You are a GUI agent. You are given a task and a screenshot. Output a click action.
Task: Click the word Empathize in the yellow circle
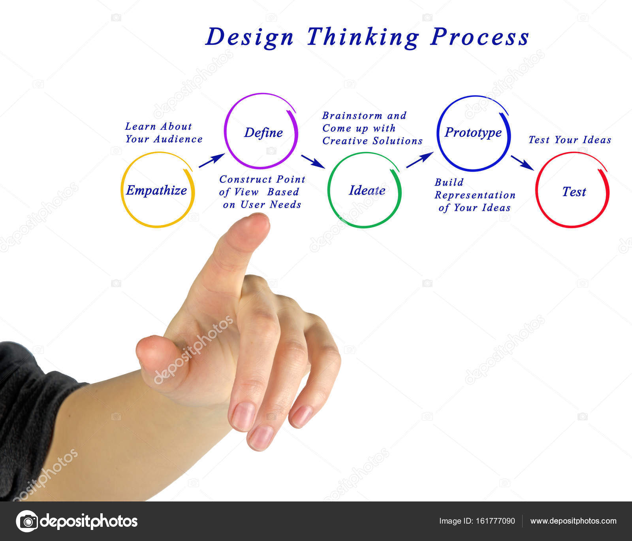point(156,191)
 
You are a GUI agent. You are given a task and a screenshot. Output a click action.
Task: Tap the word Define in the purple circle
point(263,133)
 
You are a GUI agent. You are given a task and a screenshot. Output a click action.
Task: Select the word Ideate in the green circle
point(367,191)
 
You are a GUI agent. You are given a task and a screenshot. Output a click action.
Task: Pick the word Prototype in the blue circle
point(473,132)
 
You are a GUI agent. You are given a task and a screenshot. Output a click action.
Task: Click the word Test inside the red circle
point(574,192)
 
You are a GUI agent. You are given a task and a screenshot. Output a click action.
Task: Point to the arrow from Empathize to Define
point(211,161)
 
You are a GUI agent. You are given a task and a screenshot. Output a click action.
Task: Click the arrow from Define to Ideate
point(313,161)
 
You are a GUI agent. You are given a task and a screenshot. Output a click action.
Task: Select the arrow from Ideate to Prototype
point(419,160)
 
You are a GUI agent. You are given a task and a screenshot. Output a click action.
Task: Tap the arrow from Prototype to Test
point(522,163)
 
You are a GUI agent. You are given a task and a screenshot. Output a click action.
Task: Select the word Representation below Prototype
point(475,195)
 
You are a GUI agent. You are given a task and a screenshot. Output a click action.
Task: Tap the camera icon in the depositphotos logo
point(27,521)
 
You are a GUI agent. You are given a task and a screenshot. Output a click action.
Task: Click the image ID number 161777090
point(496,521)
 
